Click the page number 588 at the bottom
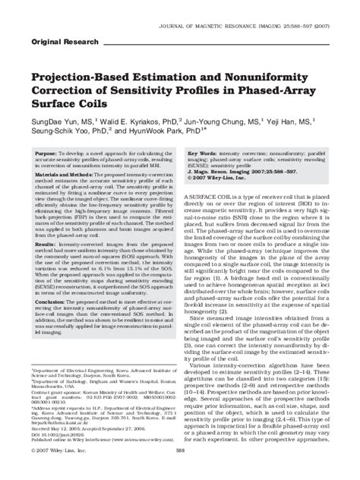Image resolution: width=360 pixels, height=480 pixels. [x=180, y=471]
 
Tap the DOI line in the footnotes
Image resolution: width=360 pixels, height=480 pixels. [x=58, y=435]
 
